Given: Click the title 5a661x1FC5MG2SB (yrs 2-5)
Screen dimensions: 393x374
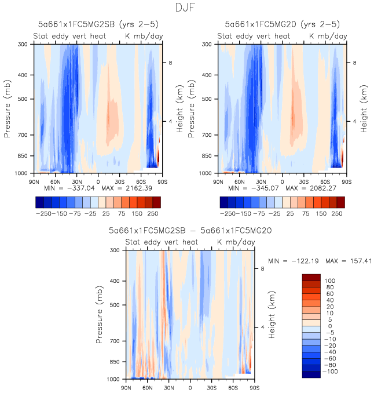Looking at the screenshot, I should click(x=97, y=24).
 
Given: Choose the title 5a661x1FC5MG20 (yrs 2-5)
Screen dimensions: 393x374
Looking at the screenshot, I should click(x=282, y=24).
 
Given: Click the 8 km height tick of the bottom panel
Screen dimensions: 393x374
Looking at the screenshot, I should click(x=262, y=269).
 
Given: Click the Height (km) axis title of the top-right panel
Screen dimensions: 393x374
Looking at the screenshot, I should click(x=364, y=108).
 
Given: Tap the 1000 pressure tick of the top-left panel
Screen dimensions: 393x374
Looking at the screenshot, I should click(x=22, y=173).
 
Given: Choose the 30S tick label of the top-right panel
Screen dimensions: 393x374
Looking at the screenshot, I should click(x=303, y=180).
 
